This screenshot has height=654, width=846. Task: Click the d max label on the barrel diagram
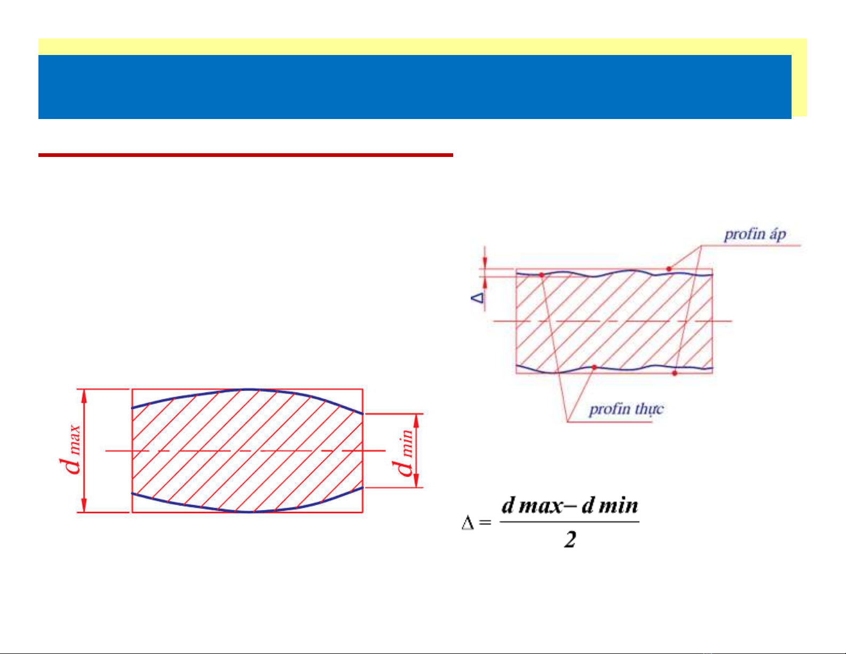click(70, 450)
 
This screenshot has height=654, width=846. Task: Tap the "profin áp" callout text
click(755, 234)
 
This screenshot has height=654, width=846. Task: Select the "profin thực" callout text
click(626, 409)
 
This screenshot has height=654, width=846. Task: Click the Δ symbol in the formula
click(468, 523)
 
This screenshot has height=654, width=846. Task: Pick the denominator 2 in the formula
click(570, 540)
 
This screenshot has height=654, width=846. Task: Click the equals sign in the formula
click(485, 523)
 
